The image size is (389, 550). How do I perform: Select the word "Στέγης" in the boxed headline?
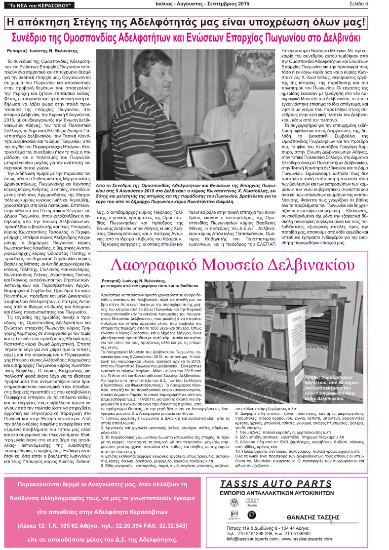pos(110,22)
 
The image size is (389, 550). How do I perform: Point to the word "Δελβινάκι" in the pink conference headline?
pos(338,38)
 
